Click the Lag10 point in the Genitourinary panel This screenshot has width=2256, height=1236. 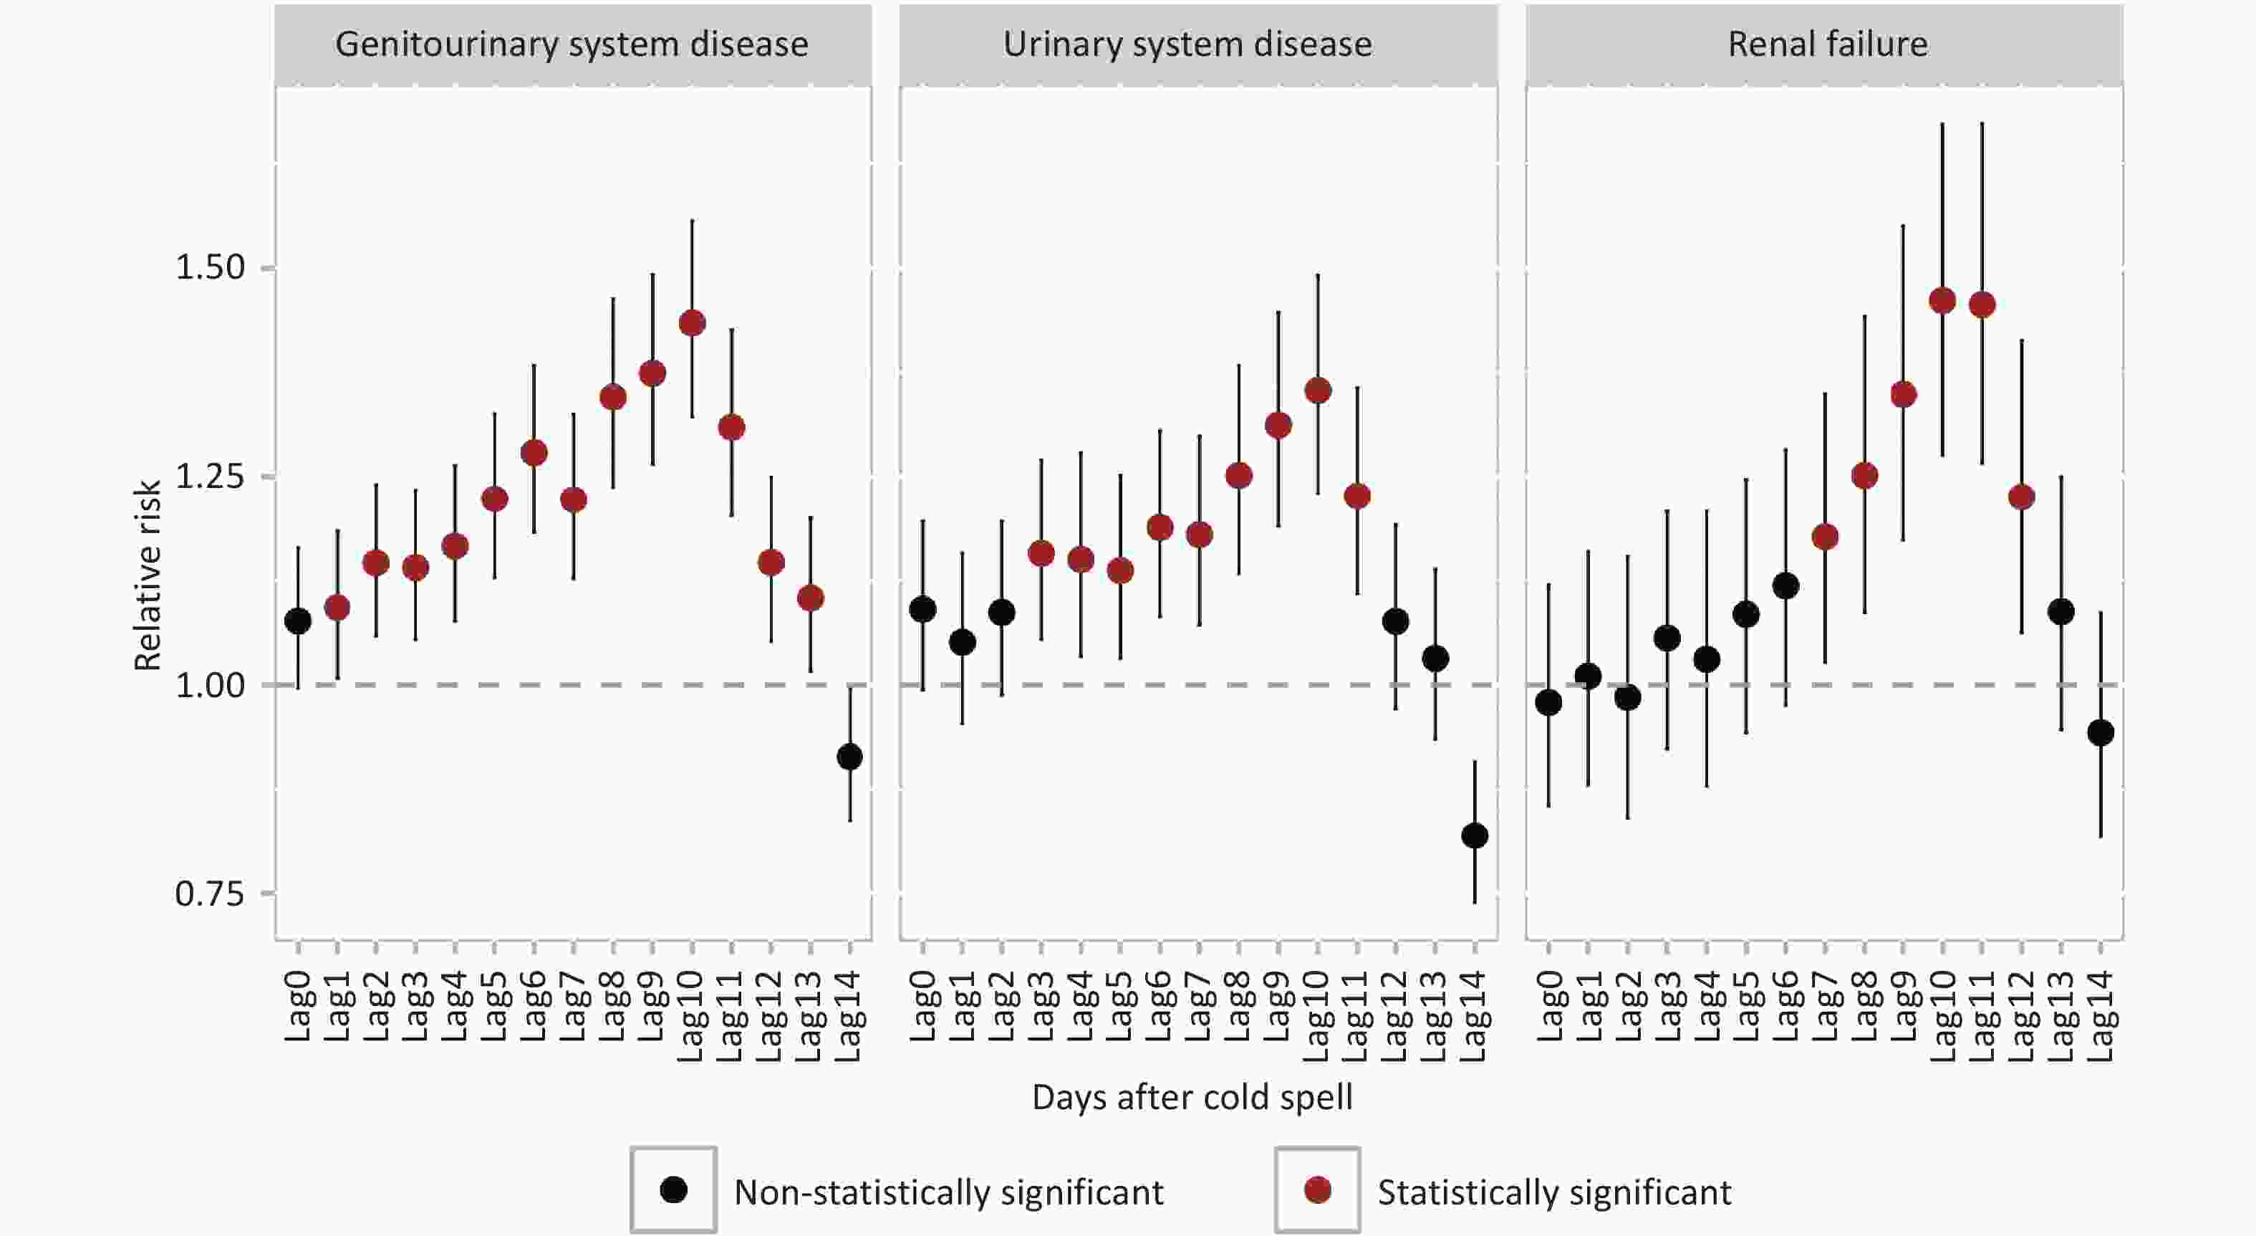pos(692,323)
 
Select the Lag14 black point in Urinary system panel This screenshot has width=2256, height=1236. pos(1475,835)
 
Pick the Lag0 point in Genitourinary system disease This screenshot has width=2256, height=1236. pos(298,621)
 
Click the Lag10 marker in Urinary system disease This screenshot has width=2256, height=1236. pos(1318,391)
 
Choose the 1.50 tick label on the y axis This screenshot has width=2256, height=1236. pos(210,267)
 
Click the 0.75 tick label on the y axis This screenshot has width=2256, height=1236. pos(210,894)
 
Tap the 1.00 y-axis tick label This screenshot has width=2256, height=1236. pos(210,685)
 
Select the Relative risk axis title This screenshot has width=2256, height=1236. pos(147,575)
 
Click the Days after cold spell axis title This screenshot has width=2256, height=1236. pos(1192,1098)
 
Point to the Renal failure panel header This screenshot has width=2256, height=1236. pos(1828,44)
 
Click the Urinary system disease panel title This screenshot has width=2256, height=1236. pos(1187,44)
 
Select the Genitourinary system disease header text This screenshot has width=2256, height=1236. pos(572,44)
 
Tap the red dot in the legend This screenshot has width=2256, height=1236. pos(1317,1190)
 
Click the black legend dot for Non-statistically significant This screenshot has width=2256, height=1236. pos(673,1190)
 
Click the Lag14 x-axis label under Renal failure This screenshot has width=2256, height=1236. pos(2102,1016)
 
